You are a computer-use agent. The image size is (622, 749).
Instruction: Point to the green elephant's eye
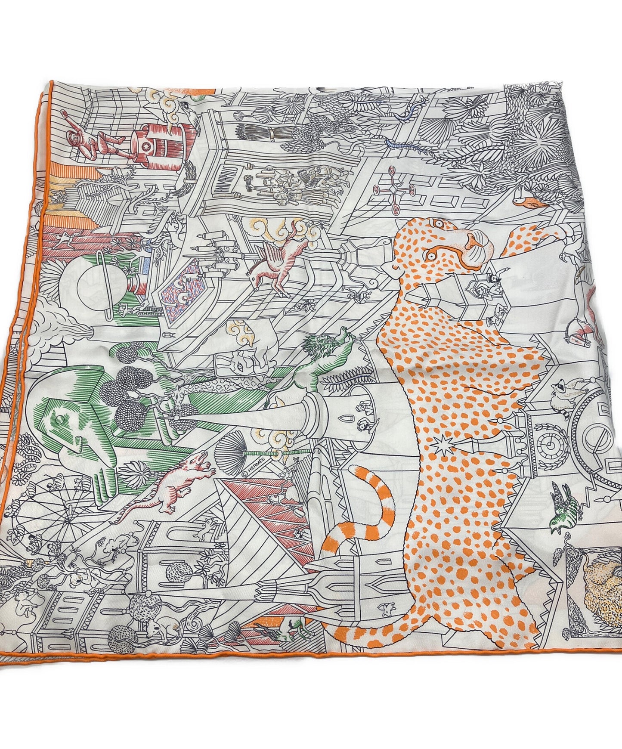pyautogui.click(x=63, y=420)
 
